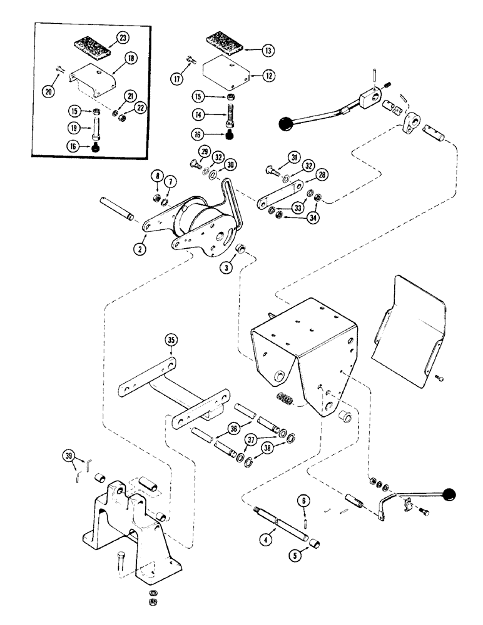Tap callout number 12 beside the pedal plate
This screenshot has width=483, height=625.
(269, 76)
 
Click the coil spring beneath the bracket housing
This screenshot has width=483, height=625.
(285, 397)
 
